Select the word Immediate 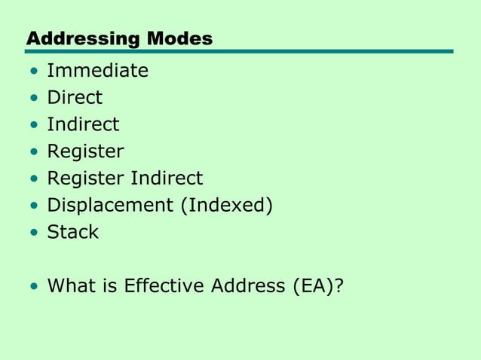[x=97, y=71]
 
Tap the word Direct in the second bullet [x=75, y=97]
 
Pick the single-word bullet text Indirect [x=83, y=124]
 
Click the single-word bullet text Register [x=85, y=151]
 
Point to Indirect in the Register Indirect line [x=167, y=178]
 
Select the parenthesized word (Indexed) [x=225, y=205]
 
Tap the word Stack [x=72, y=232]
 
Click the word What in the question [x=71, y=285]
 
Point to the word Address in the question [x=234, y=285]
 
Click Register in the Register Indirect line [x=85, y=178]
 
